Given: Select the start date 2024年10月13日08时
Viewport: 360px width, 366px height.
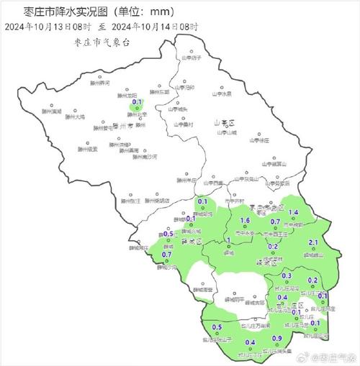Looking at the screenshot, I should click(x=50, y=27).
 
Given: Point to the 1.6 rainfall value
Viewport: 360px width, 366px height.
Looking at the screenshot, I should click(x=244, y=220).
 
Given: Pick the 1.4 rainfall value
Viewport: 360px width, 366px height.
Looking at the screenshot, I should click(x=293, y=213).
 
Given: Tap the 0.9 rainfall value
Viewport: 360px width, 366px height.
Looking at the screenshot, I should click(x=276, y=339).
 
